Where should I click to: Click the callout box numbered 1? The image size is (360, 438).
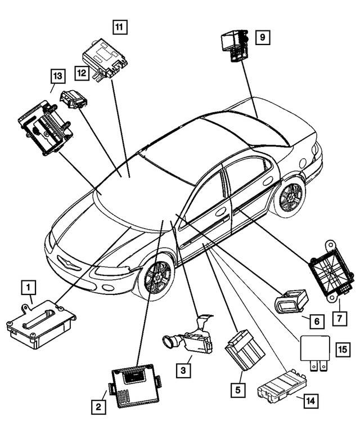pos(27,288)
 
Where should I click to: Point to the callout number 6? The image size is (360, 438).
pos(316,321)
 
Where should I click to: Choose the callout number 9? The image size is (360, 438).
pos(262,38)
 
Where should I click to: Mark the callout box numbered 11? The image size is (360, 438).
pos(119,26)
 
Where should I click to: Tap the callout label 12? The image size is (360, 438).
pos(82,72)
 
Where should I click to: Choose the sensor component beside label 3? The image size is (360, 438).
pos(187,338)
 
